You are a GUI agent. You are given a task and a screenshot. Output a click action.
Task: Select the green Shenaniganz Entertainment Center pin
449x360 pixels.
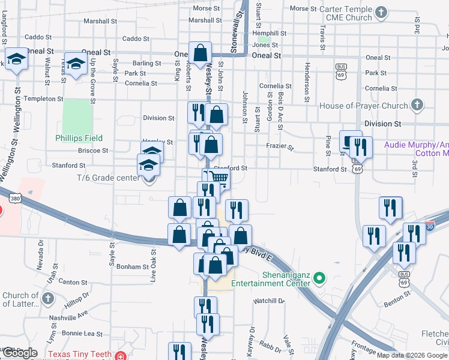tap(319, 278)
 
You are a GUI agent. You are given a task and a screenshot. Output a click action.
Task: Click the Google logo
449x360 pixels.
tap(19, 353)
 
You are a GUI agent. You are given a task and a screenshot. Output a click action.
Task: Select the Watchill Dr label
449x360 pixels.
tap(268, 301)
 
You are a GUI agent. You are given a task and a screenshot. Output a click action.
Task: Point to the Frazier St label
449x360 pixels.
tap(280, 146)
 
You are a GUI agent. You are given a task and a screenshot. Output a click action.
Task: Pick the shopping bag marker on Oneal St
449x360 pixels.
tap(200, 52)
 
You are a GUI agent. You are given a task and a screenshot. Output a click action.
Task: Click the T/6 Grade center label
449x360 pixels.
tap(108, 178)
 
